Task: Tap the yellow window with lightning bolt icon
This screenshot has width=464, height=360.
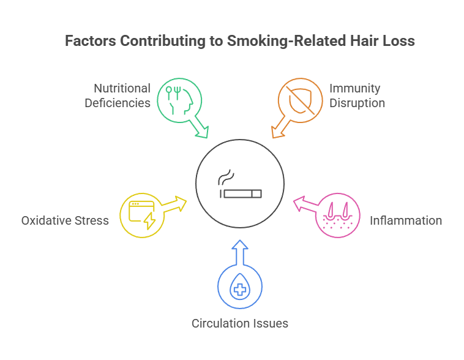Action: click(140, 214)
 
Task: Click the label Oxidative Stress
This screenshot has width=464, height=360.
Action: click(65, 220)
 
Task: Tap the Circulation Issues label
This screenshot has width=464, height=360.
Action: click(240, 323)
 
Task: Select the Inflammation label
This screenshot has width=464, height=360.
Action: click(405, 220)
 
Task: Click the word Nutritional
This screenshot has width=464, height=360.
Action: click(122, 89)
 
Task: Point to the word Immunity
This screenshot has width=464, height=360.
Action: click(355, 89)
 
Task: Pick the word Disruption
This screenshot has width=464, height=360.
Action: click(357, 103)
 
